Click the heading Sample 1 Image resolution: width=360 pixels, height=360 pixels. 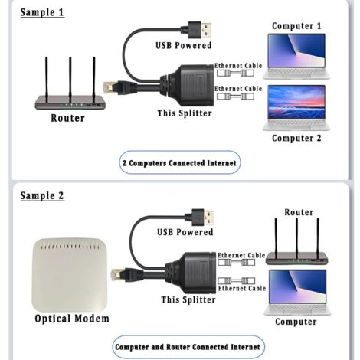click(42, 12)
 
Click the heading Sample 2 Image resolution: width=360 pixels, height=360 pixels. click(42, 196)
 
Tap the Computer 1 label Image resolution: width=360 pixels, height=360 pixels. click(297, 26)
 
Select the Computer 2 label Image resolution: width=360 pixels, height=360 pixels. click(297, 139)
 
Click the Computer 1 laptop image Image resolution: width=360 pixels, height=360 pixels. click(297, 57)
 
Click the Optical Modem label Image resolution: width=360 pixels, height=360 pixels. click(72, 319)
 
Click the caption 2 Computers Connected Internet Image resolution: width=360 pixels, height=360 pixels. click(180, 163)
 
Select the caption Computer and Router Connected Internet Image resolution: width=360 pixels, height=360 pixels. click(188, 346)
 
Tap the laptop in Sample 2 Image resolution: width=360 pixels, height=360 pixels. click(297, 290)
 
